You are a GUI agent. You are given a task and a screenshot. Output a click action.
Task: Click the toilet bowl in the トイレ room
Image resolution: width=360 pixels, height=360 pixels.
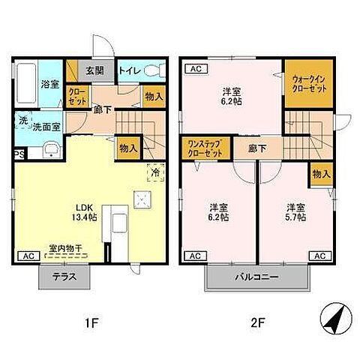click(x=155, y=70)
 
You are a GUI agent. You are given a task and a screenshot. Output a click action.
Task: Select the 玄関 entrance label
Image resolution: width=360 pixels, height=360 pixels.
click(x=94, y=71)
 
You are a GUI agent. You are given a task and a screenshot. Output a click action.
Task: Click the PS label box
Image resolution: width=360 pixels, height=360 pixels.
click(x=19, y=154)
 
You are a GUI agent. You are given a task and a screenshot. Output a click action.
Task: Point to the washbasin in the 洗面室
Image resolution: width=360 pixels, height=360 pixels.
click(x=52, y=149)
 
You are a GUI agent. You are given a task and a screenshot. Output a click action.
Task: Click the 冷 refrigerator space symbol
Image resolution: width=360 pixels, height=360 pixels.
click(x=156, y=172)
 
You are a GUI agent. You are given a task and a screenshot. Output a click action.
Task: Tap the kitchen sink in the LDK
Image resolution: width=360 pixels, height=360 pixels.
click(x=120, y=223)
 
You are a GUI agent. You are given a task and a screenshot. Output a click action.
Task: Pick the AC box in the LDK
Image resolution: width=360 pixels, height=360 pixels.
click(x=28, y=256)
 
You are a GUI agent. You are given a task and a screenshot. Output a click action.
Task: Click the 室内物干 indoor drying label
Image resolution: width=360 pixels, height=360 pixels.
click(x=65, y=248)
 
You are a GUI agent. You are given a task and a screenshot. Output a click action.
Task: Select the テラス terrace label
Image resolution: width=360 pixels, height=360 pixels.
click(x=64, y=277)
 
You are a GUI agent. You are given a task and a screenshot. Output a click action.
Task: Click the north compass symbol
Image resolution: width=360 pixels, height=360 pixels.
click(x=336, y=318)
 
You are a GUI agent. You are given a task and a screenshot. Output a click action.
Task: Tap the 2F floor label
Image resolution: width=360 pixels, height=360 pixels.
click(x=257, y=323)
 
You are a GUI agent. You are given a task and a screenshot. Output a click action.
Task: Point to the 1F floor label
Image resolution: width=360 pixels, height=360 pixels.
click(x=91, y=323)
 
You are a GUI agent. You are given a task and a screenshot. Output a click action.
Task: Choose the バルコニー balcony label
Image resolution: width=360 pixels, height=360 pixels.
click(x=256, y=277)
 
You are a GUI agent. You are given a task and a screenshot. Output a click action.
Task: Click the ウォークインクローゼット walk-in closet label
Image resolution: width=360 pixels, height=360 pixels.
click(x=309, y=84)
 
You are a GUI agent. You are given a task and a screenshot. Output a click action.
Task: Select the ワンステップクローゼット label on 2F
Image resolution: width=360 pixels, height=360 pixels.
click(x=205, y=148)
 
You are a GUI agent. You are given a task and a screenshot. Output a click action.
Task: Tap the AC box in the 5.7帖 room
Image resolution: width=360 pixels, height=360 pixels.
click(x=320, y=256)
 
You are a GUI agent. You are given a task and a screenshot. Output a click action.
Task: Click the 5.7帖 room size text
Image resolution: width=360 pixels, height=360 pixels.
click(x=295, y=217)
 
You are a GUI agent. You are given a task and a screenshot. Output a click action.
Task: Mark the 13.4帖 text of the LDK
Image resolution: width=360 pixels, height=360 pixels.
click(x=85, y=217)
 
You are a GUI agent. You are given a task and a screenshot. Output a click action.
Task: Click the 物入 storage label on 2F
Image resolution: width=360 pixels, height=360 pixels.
click(x=322, y=174)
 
